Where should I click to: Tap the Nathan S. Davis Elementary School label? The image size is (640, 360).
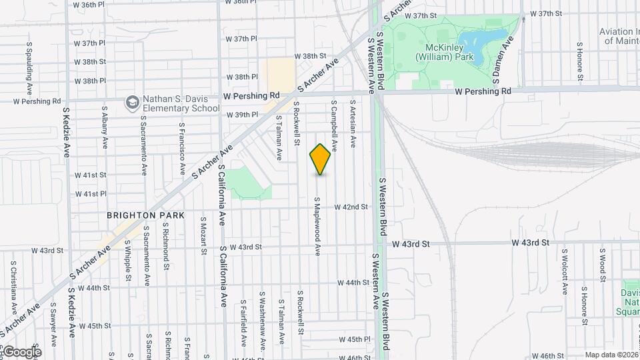point(179,103)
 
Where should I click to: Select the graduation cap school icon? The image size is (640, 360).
point(132,102)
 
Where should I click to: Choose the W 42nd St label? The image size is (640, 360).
point(351,207)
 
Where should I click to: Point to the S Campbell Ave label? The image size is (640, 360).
point(334,126)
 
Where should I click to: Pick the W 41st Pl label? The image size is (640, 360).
point(91,194)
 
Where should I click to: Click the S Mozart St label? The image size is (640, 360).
point(203,238)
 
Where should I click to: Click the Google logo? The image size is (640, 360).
point(22,352)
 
